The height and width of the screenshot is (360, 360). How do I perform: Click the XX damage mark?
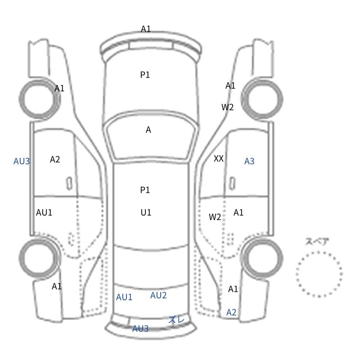pos(218,158)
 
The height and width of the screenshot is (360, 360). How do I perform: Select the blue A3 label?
pos(249,161)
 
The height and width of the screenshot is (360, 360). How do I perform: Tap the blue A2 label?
pos(231,312)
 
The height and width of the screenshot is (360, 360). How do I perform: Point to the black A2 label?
pos(55,159)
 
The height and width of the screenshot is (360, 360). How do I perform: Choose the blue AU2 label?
pos(158,295)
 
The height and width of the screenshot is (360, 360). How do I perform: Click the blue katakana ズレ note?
pos(176,319)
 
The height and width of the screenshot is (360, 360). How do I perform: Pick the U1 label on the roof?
pos(146,212)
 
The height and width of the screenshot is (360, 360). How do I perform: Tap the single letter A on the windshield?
pos(148,130)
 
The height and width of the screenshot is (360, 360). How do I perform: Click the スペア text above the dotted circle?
pos(314,242)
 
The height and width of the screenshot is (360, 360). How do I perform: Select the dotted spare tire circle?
pos(319,252)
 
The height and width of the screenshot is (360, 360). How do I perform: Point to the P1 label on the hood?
pos(145,75)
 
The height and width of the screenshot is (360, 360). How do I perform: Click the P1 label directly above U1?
pos(145,190)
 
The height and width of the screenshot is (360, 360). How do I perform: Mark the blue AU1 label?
pos(124,297)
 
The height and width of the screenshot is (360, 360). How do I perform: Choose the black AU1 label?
pos(44,212)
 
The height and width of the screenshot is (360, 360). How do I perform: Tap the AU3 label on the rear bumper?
pos(140,329)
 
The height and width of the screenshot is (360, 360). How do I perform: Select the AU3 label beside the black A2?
pos(22,162)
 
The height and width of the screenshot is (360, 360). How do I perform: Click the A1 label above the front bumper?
pos(146,29)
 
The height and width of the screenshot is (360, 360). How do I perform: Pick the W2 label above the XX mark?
pos(227,107)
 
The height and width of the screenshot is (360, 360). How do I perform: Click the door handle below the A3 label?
pos(232,184)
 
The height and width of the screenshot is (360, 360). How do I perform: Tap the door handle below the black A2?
pos(69,184)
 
